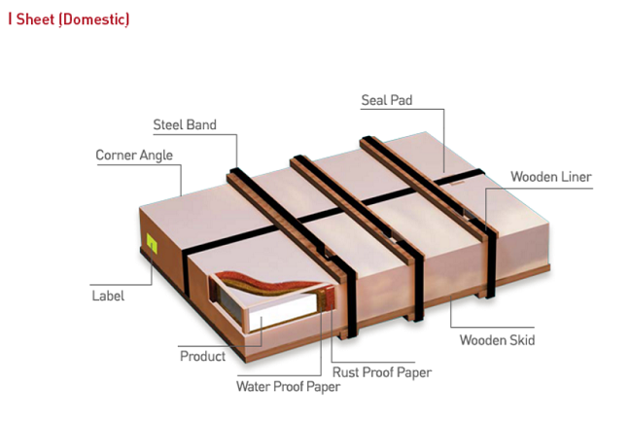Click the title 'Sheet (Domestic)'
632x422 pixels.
(73, 19)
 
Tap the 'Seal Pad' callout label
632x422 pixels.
(387, 100)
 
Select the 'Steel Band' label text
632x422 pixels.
(185, 124)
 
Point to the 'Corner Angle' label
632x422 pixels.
(134, 156)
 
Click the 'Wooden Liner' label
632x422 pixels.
(551, 177)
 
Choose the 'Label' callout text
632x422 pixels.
(108, 296)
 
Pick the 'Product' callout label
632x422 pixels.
(203, 356)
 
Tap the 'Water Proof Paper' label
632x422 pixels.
(288, 387)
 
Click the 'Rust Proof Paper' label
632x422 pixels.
(382, 372)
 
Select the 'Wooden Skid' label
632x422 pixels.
(498, 340)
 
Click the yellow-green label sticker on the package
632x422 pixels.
(152, 243)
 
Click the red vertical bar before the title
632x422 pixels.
(10, 18)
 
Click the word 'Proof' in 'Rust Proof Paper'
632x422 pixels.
(379, 372)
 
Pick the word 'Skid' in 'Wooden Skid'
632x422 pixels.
(522, 340)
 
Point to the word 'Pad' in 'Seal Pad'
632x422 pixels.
(401, 100)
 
